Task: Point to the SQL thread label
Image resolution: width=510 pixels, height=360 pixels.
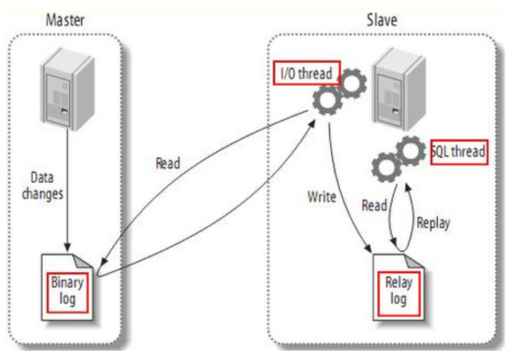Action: coord(459,151)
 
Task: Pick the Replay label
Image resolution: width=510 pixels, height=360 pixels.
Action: coord(433,222)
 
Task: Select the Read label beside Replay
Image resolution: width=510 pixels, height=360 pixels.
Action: coord(374,206)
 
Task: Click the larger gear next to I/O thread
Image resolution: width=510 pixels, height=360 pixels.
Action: coord(329,103)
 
